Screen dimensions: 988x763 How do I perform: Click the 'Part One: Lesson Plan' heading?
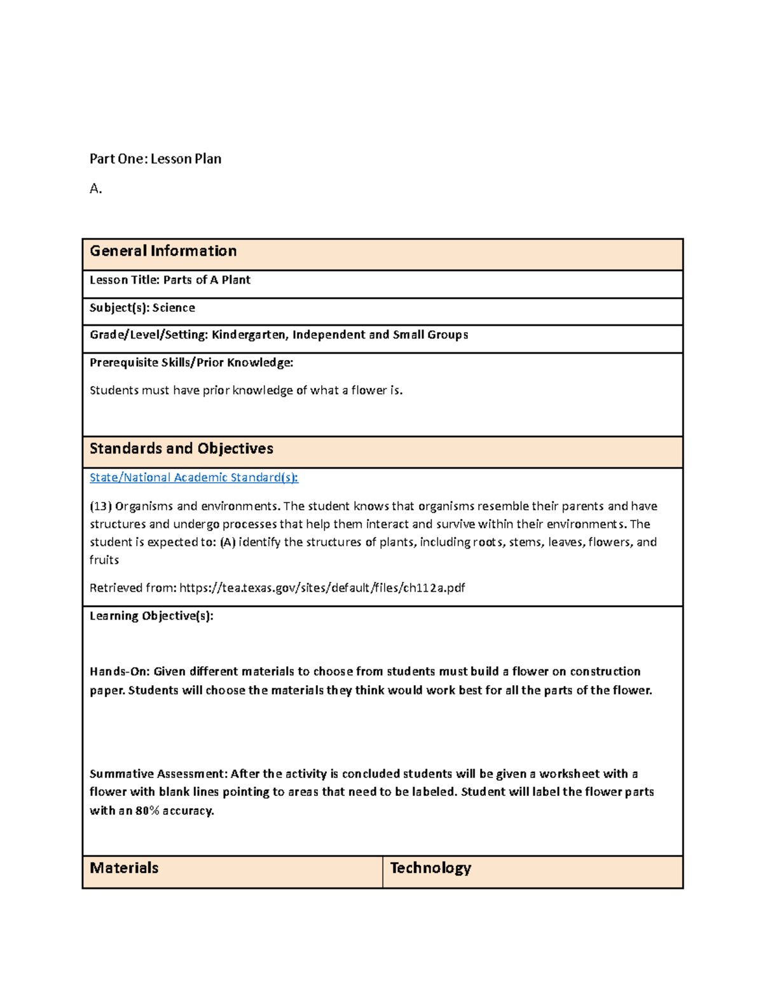click(x=155, y=159)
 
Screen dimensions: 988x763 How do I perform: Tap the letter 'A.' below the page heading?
click(x=95, y=188)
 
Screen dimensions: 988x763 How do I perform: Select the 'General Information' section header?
click(x=163, y=251)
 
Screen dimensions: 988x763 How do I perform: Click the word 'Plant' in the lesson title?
click(x=236, y=280)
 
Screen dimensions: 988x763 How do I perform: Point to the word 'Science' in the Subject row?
click(x=174, y=308)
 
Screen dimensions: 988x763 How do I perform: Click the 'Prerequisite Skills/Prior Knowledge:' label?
click(x=191, y=363)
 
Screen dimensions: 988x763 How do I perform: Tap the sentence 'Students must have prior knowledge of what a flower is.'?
click(x=245, y=391)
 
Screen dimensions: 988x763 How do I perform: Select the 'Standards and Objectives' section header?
click(x=181, y=449)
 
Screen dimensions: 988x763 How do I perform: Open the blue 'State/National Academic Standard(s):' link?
click(x=193, y=478)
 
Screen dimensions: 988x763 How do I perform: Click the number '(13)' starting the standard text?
click(x=100, y=506)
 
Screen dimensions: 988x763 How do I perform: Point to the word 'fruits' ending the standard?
click(x=104, y=560)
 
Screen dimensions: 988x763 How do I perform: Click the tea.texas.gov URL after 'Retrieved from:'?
click(x=322, y=588)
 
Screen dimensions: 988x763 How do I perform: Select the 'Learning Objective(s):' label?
click(x=151, y=616)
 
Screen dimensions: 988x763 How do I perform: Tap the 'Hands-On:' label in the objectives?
click(x=120, y=671)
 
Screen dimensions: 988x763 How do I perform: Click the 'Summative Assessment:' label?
click(x=158, y=774)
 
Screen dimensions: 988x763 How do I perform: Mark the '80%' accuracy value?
click(x=147, y=811)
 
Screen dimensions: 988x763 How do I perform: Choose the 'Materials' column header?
click(x=124, y=868)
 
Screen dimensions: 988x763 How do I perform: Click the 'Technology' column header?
click(x=430, y=868)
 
